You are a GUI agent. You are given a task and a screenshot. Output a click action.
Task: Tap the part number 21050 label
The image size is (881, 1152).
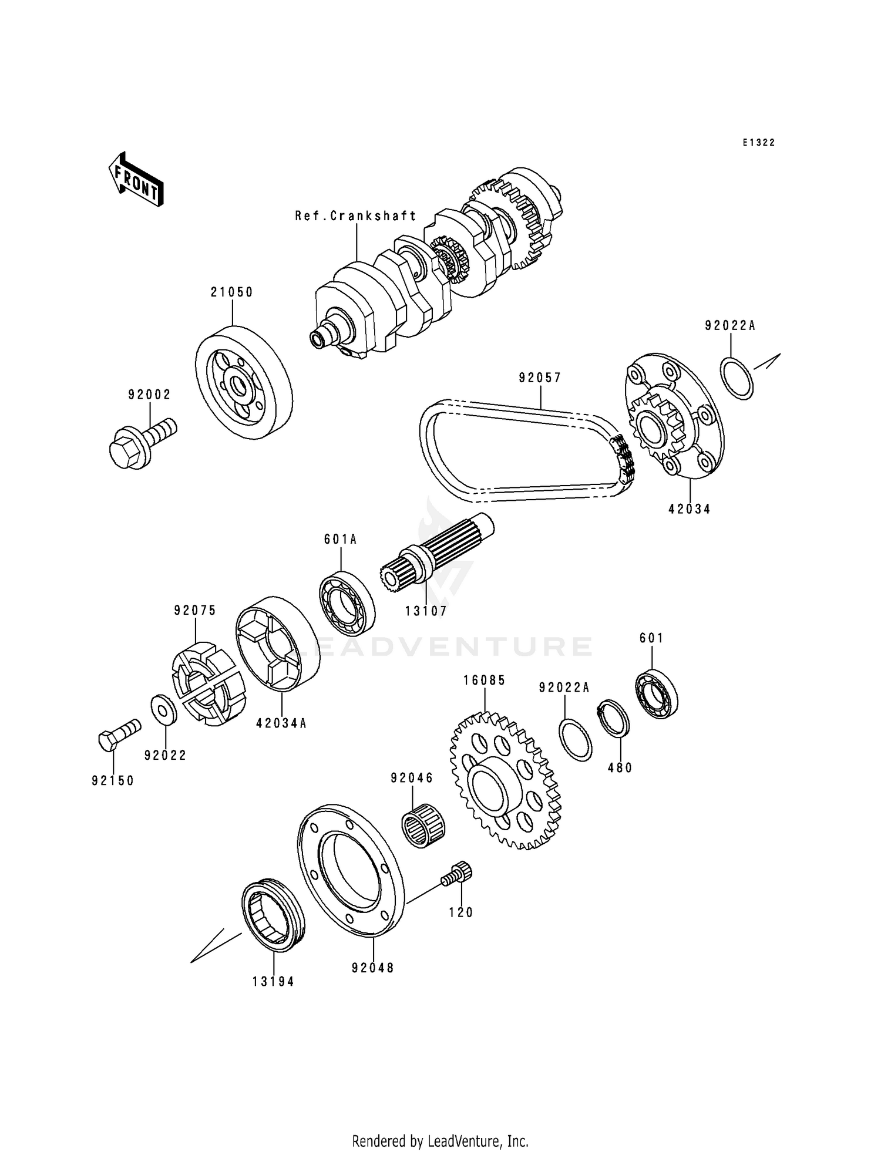coord(232,292)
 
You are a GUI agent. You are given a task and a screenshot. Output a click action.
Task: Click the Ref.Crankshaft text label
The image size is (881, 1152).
coord(356,216)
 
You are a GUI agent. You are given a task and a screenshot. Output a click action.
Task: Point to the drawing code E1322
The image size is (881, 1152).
coord(758,143)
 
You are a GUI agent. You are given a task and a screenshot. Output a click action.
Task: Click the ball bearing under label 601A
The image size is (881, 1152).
coord(347,603)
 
